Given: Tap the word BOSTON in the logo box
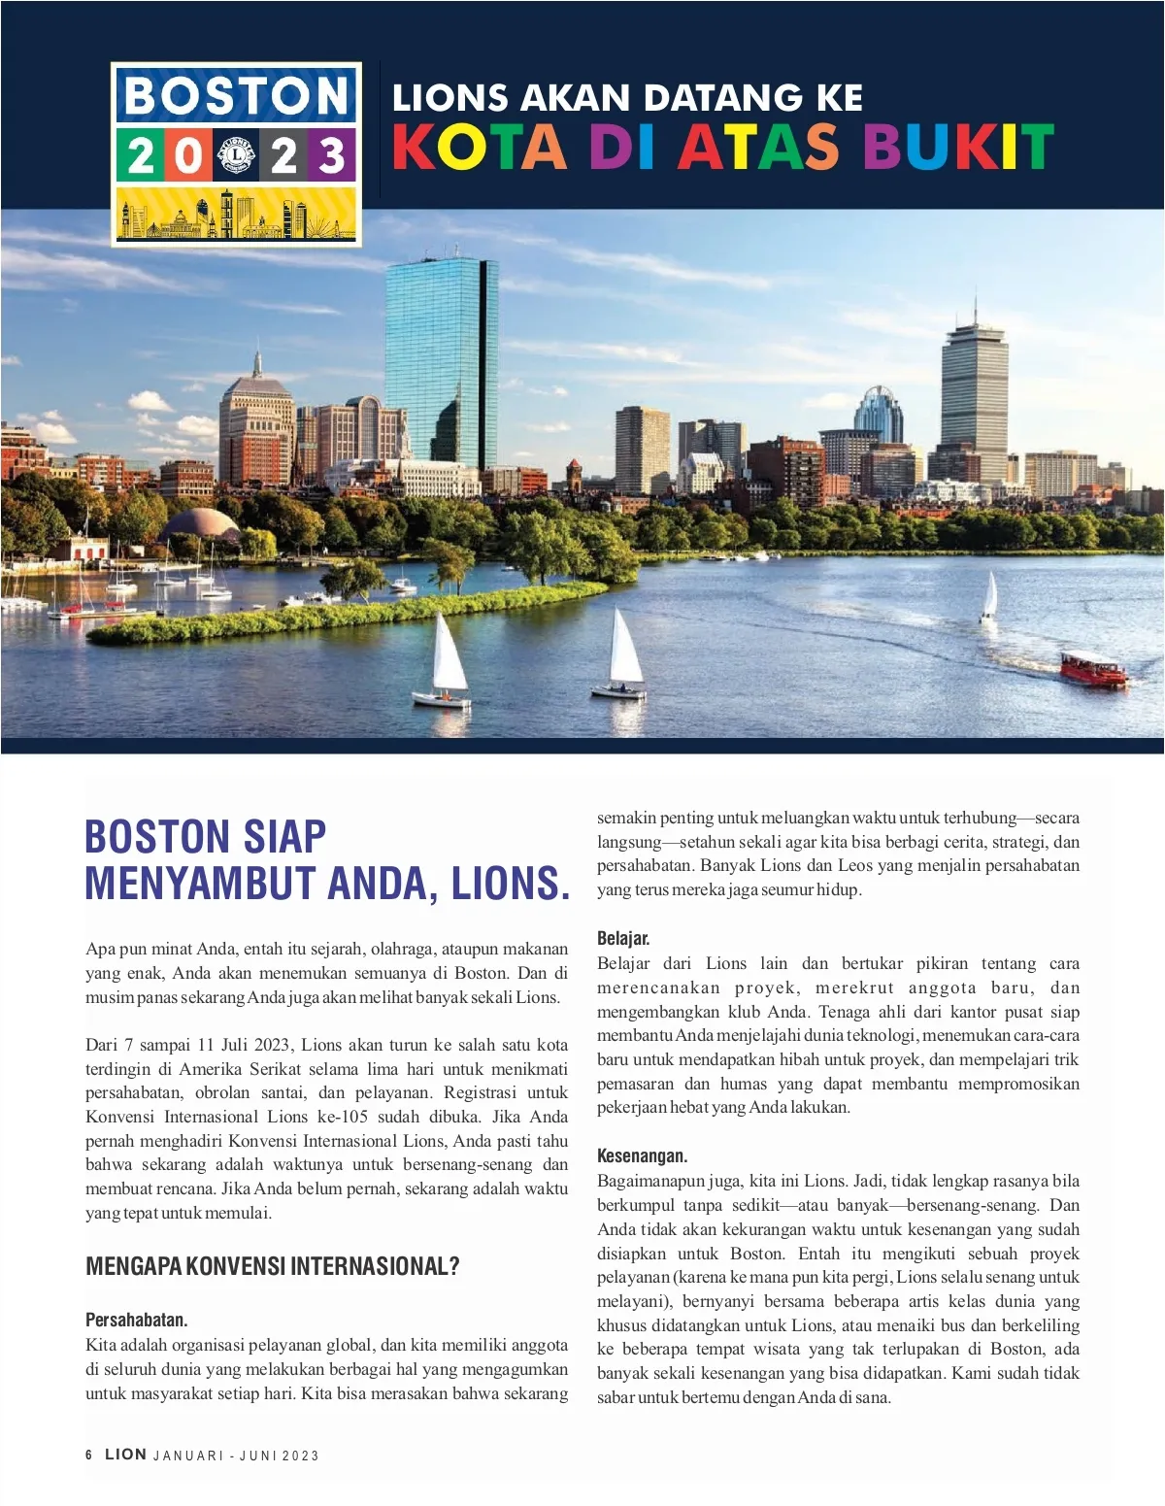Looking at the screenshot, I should coord(236,96).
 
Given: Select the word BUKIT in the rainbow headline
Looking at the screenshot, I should coord(957,147).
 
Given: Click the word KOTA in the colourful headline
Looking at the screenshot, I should coord(479,147).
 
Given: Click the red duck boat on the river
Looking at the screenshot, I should coord(1092,668).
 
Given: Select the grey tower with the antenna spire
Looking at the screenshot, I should coord(974,388).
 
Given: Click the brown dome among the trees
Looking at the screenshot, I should coord(199,524).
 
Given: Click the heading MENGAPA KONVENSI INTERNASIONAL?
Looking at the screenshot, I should coord(273,1266).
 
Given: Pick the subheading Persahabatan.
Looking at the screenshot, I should coord(137,1320).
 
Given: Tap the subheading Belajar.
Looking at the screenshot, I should coord(623,938).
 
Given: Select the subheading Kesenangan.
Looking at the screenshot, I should coord(642,1155).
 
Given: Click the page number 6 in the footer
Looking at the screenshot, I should coord(89,1455).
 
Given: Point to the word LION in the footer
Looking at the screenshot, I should coord(125,1454).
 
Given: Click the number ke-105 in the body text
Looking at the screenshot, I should coord(341,1117).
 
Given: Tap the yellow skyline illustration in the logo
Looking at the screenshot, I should coord(236,214).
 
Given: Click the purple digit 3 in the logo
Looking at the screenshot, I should coord(332,155).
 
